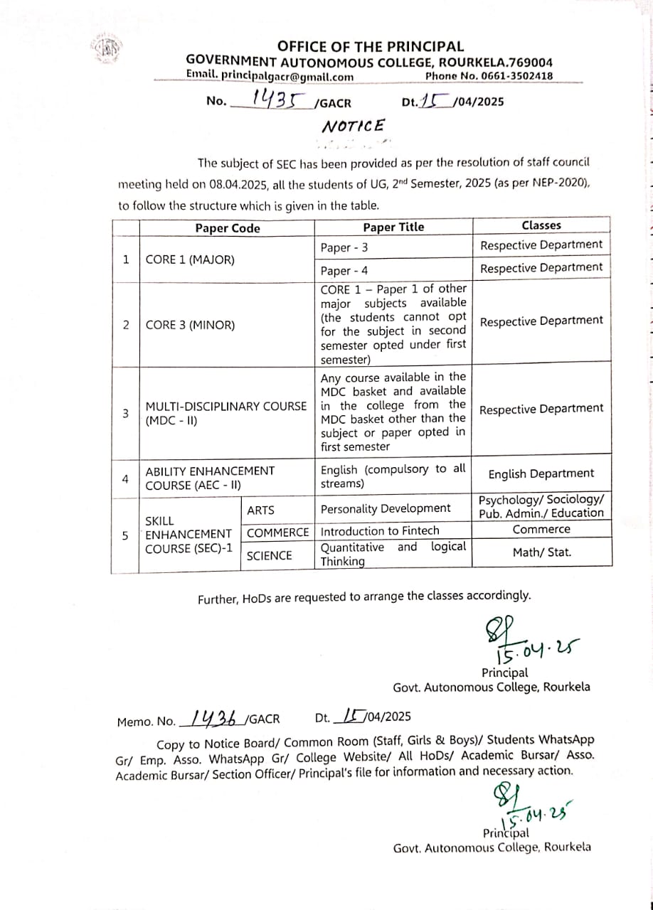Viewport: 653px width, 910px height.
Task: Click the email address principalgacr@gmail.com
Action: pos(270,76)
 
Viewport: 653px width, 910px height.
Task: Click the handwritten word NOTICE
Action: pos(354,127)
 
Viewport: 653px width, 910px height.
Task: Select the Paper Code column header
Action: pos(228,228)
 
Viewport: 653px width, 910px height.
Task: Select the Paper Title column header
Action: pos(393,227)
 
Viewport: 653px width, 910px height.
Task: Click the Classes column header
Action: pos(541,225)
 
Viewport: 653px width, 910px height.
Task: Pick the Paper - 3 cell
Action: pos(345,248)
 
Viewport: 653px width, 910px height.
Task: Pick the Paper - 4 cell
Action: pos(345,271)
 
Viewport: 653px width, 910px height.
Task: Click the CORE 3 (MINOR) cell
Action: pos(189,325)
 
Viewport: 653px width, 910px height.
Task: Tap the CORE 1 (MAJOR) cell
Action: pos(189,259)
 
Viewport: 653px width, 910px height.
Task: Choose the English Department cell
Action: pos(541,473)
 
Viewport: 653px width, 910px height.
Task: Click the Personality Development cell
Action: pos(386,508)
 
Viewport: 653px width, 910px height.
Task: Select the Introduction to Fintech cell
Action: pos(380,531)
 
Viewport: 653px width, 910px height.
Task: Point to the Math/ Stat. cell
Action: pos(541,552)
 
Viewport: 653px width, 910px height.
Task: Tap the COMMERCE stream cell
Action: pos(278,532)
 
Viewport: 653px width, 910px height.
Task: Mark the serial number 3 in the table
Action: pos(125,414)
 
